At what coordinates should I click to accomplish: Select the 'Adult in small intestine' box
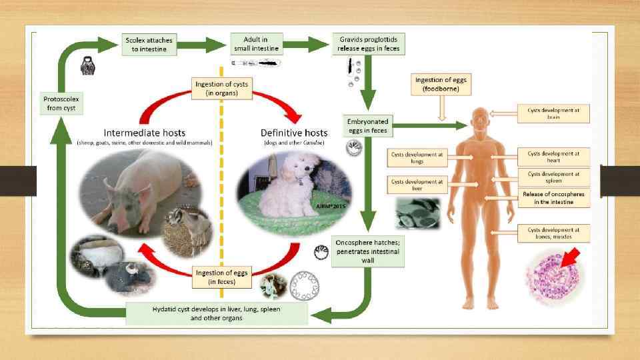(256, 45)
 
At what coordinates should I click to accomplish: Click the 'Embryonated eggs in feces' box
(368, 126)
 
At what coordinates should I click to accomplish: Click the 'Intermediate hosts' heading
(145, 132)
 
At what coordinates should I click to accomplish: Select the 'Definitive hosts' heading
(293, 132)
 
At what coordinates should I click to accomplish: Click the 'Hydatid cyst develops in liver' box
(217, 313)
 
